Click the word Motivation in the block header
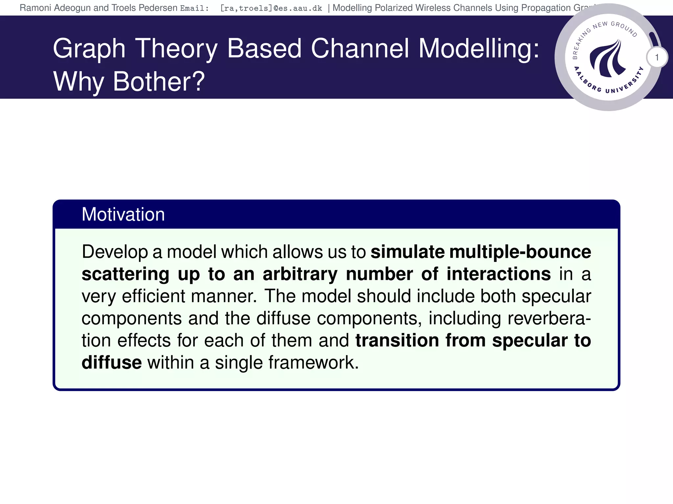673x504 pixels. point(123,215)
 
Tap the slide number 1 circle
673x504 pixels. point(657,57)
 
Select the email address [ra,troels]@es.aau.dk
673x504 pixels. point(271,8)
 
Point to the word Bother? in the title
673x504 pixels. point(159,82)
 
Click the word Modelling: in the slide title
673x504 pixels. point(479,49)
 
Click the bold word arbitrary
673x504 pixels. point(300,274)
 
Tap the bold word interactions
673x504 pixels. point(498,274)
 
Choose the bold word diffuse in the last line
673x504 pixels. point(111,363)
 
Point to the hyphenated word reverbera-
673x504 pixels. point(549,318)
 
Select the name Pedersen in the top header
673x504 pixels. point(158,8)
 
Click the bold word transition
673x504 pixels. point(397,340)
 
